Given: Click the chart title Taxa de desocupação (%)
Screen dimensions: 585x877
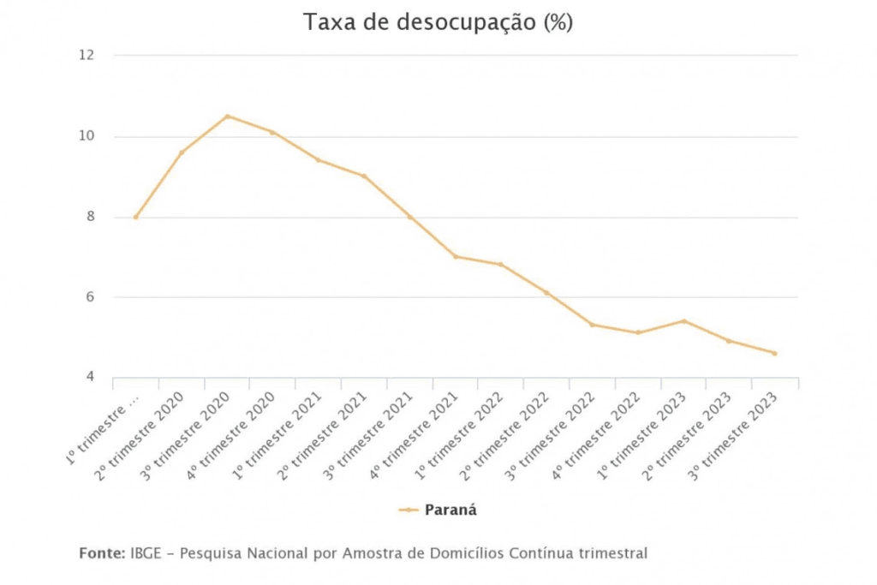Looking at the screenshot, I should pos(438,23).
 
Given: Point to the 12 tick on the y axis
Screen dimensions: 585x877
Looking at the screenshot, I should pos(86,56).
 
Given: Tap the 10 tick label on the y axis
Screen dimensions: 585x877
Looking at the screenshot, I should pos(86,137).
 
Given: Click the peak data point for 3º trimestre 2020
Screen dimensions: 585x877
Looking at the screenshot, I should pos(227,116).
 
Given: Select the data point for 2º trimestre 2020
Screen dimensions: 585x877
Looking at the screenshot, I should pos(182,152).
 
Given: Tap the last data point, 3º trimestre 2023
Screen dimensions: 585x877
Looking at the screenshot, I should pos(774,353).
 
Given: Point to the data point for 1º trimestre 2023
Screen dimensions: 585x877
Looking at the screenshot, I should pos(683,321).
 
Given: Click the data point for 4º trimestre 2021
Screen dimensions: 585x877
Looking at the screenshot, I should pos(455,257).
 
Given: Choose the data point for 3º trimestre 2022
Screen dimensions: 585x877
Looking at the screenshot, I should pos(592,325).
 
